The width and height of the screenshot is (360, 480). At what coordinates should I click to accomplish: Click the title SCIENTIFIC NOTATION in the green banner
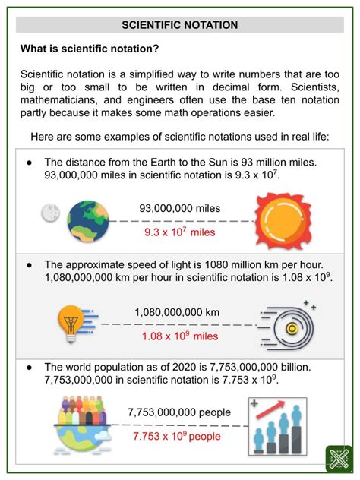[x=180, y=24]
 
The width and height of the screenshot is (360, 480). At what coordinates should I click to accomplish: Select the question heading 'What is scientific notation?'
[x=90, y=49]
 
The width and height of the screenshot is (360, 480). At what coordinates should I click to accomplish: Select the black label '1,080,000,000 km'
[x=177, y=311]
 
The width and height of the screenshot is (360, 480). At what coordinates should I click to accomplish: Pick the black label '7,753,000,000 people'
[x=179, y=412]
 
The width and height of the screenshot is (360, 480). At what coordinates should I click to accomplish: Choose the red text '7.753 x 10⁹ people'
[x=179, y=437]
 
